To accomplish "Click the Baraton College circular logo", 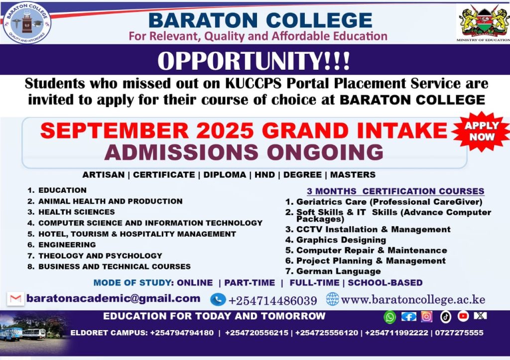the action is pos(27,23).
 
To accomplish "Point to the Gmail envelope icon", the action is pos(15,299).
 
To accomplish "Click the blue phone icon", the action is pos(218,300).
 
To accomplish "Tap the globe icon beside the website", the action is pos(332,299).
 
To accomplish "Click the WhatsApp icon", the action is pos(389,317).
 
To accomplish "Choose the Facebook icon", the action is pos(408,316).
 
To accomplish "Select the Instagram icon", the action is pos(426,316).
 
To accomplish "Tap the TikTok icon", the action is pos(446,317).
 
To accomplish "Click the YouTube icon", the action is pos(463,316).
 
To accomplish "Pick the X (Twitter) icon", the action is pos(480,316).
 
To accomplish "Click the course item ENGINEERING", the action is pos(67,244).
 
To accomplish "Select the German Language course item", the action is pos(338,271).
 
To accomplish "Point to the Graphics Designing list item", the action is pos(341,240).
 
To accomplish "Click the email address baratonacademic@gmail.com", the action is pos(113,299).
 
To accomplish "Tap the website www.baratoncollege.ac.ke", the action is pos(413,300).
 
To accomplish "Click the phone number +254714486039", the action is pos(272,301).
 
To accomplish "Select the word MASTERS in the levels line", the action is pos(353,175).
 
